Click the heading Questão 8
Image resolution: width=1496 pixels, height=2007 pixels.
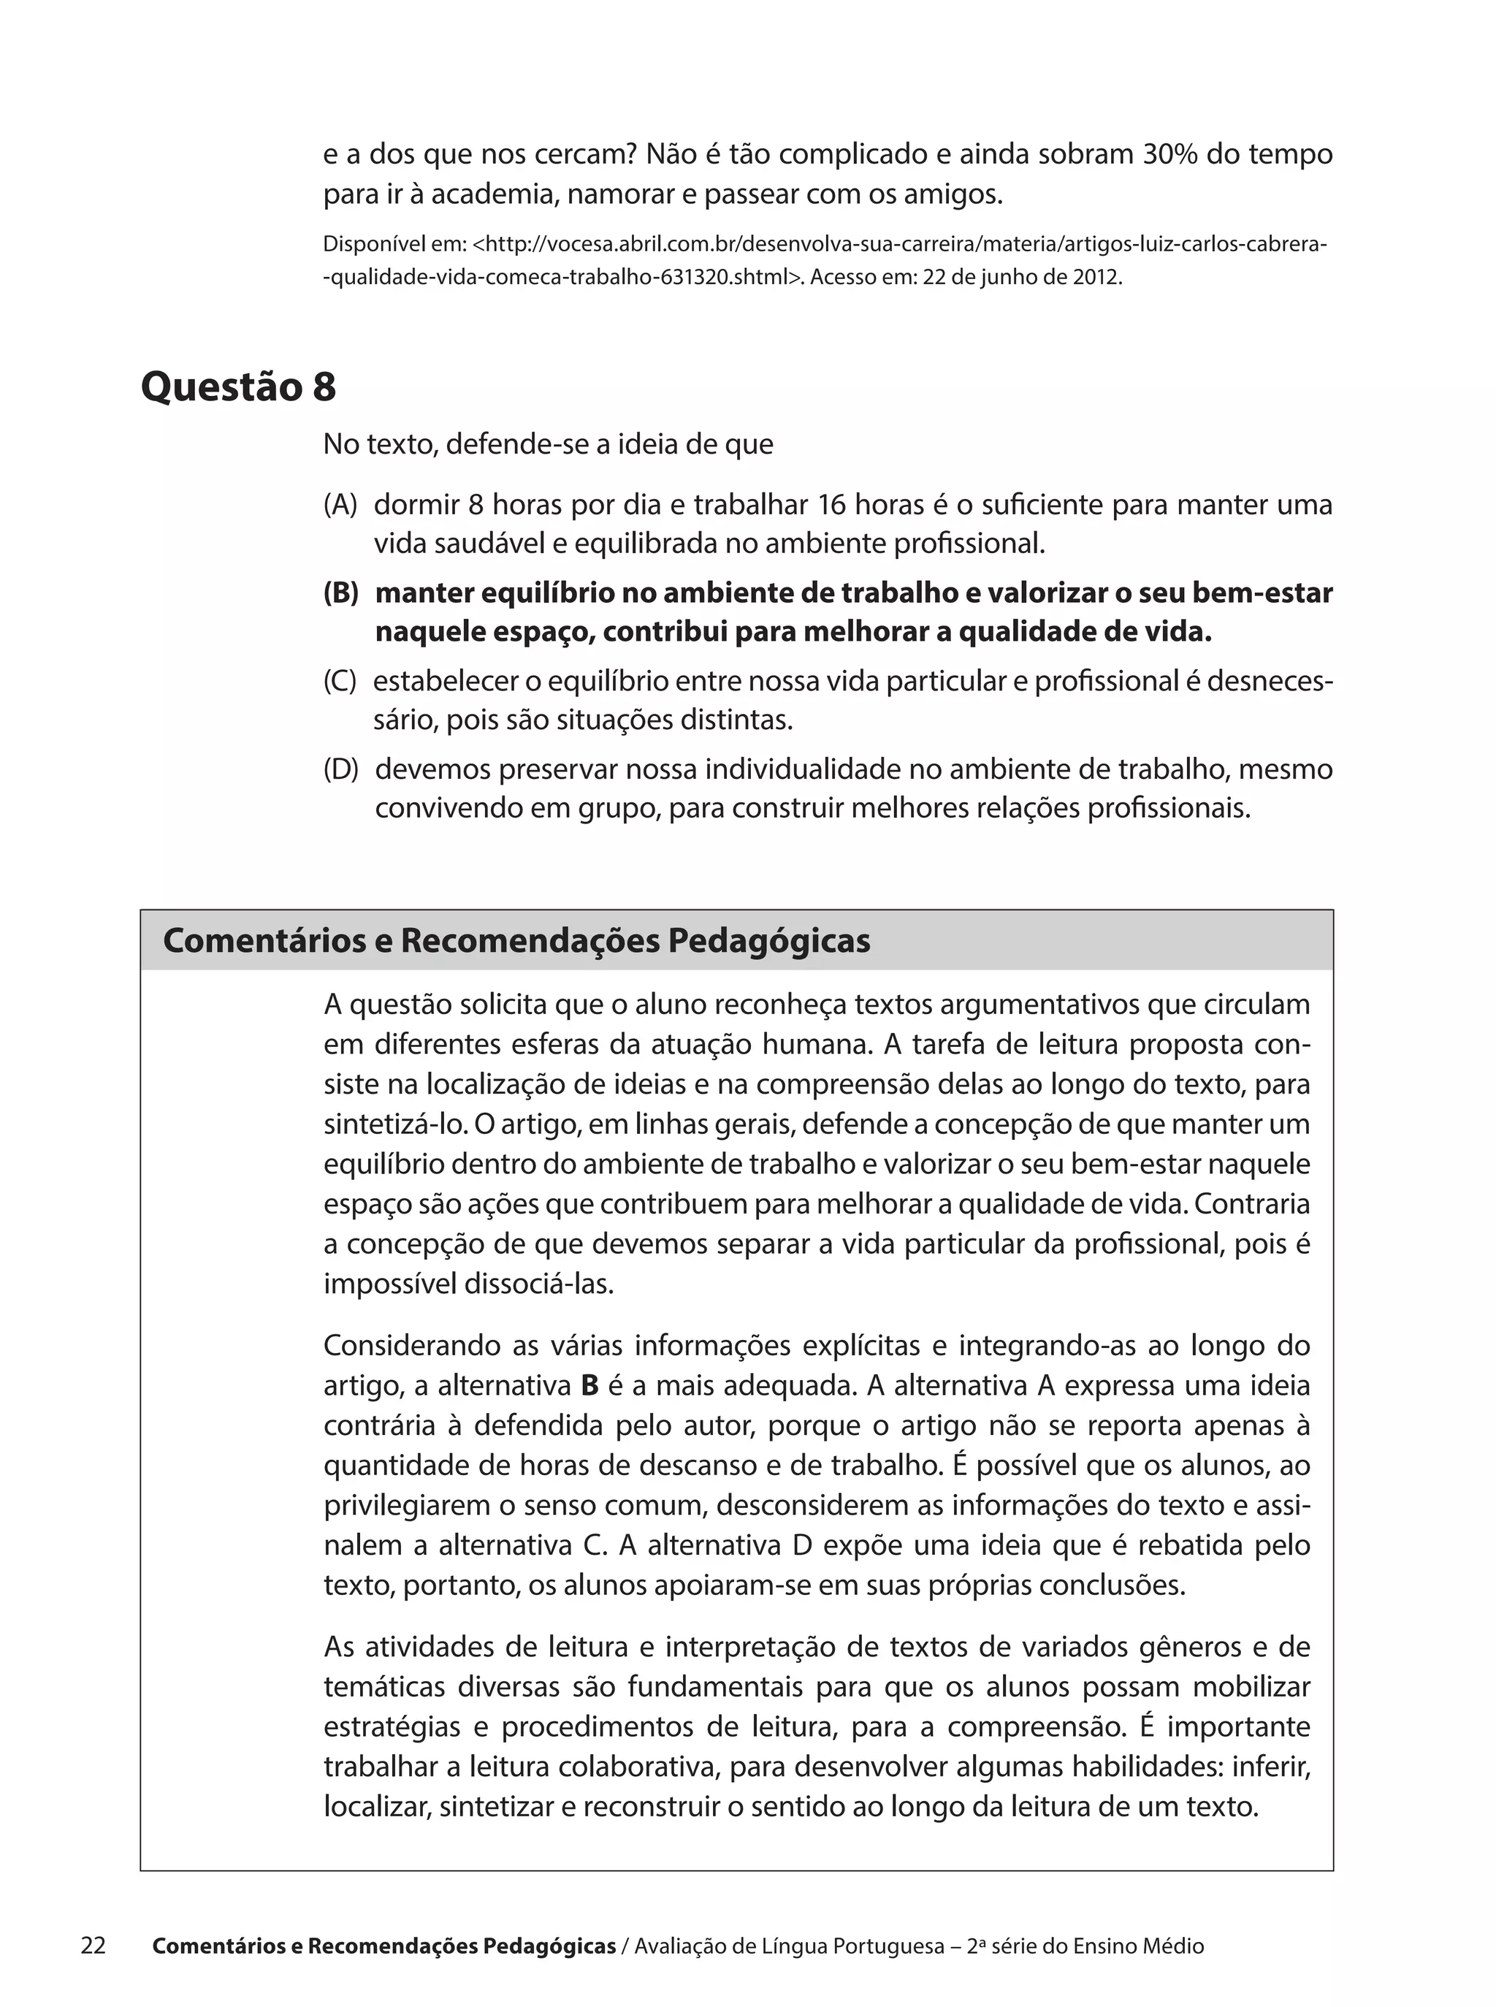238,386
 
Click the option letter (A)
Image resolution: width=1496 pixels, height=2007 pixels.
340,504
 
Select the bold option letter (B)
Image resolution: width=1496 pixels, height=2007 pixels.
341,593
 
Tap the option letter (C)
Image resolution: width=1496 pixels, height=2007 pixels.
340,681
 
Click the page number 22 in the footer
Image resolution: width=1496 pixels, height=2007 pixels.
93,1946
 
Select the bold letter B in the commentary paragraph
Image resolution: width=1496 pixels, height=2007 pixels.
589,1386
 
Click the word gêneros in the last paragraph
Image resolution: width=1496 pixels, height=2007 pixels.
1183,1648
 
